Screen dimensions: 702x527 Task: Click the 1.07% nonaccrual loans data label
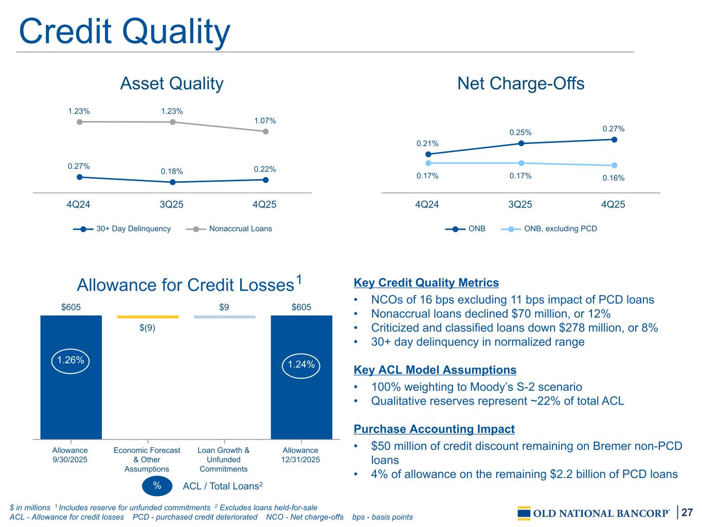265,120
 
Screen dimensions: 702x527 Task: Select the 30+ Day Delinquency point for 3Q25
173,182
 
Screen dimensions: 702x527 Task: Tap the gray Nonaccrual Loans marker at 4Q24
80,122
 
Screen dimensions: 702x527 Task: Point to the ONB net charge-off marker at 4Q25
614,139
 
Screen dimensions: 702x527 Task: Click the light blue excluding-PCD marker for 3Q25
521,163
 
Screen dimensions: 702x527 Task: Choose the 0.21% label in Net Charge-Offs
427,144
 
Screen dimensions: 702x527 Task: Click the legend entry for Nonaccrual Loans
229,229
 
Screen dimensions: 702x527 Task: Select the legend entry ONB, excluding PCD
549,229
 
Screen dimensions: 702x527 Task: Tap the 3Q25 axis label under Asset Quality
171,204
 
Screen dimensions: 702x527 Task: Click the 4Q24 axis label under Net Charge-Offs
427,204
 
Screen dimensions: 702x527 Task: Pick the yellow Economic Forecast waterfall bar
148,317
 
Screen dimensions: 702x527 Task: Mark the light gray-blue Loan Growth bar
225,317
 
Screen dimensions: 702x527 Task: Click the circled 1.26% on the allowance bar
70,361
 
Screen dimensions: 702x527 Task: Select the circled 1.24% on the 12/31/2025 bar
301,365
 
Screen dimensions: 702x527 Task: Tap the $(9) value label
147,328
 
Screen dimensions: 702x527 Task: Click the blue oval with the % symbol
157,486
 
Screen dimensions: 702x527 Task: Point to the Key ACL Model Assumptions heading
435,370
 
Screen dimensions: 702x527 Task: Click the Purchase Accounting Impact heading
434,429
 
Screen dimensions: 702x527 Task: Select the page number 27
687,512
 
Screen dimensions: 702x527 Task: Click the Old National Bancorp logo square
524,513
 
